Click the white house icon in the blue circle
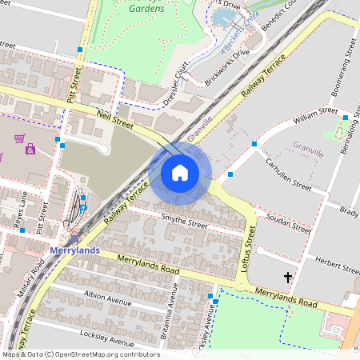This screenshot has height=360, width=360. tap(180, 173)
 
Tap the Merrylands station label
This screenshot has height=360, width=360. tap(74, 250)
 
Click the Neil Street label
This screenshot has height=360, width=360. tap(113, 119)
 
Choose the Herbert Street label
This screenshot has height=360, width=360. tap(335, 265)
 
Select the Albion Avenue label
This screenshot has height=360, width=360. tap(107, 298)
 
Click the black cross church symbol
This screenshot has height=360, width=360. tap(288, 278)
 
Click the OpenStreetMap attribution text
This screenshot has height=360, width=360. tap(80, 354)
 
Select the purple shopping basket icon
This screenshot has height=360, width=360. tap(18, 138)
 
